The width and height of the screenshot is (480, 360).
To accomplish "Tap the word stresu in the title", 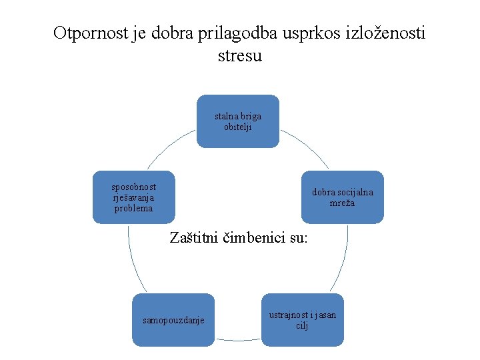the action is [x=240, y=55].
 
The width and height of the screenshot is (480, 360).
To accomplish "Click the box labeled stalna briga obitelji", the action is [x=238, y=121].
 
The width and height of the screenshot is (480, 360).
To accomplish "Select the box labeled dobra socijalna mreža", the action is [x=343, y=197].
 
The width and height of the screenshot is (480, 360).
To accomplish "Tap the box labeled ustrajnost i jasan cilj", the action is [x=302, y=320].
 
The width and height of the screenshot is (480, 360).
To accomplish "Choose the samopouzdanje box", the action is [x=173, y=321].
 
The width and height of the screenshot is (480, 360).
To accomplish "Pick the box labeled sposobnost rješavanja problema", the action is [x=133, y=197].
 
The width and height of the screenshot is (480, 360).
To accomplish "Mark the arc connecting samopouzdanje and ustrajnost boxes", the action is [x=238, y=340].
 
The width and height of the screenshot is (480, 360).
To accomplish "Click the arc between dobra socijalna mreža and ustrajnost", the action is [x=342, y=260].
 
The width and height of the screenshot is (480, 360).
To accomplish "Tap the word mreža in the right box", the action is [x=342, y=203].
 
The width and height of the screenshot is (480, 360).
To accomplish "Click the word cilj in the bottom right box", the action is [x=302, y=325].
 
